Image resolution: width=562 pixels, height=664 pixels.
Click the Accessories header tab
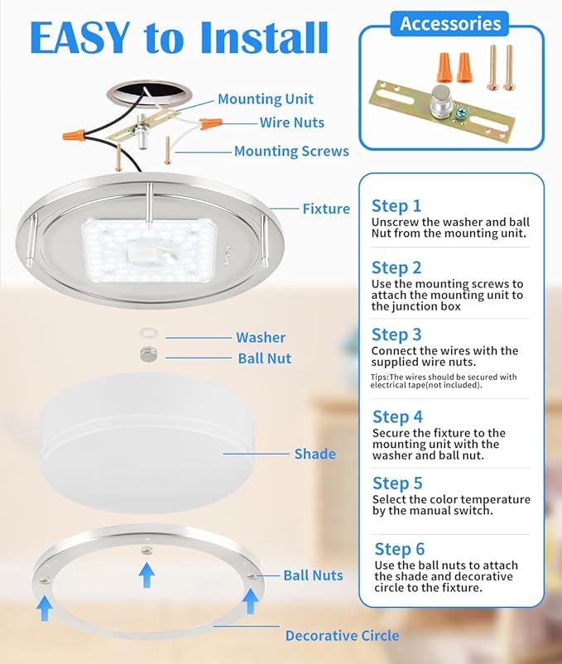[450, 23]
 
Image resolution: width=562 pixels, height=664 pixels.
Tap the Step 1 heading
[396, 206]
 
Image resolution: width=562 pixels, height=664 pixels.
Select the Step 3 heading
[396, 334]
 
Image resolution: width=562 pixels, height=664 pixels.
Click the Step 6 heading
[400, 549]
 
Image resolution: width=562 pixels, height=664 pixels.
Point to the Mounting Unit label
[266, 99]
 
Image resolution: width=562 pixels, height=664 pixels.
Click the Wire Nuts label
[292, 123]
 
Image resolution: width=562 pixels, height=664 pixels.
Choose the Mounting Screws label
[291, 151]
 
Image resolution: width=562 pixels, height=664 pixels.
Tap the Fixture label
[326, 209]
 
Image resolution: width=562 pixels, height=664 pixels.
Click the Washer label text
[261, 337]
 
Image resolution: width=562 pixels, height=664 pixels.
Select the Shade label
[315, 454]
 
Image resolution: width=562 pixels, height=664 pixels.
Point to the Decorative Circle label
[342, 636]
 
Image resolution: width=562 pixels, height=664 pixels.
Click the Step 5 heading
[397, 484]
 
